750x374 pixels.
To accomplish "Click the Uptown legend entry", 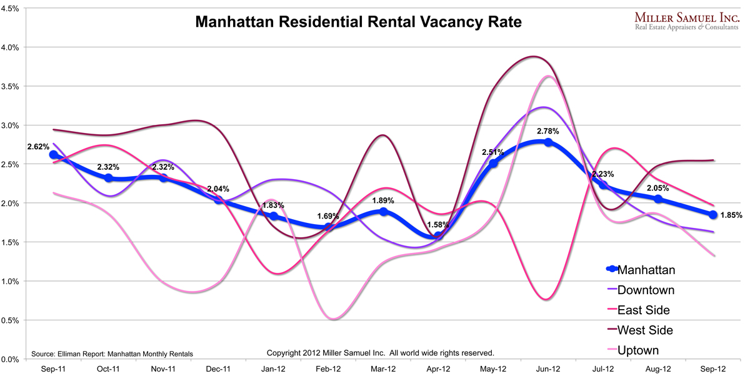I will (x=637, y=350).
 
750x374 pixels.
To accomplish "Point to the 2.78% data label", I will (x=548, y=132).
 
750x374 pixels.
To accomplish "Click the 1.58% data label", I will (x=438, y=225).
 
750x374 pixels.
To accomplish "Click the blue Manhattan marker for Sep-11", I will (x=54, y=155).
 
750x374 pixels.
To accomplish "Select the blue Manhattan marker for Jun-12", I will (x=548, y=142).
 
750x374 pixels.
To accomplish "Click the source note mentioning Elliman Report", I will (x=112, y=353).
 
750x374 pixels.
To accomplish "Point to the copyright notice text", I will (x=381, y=353).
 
